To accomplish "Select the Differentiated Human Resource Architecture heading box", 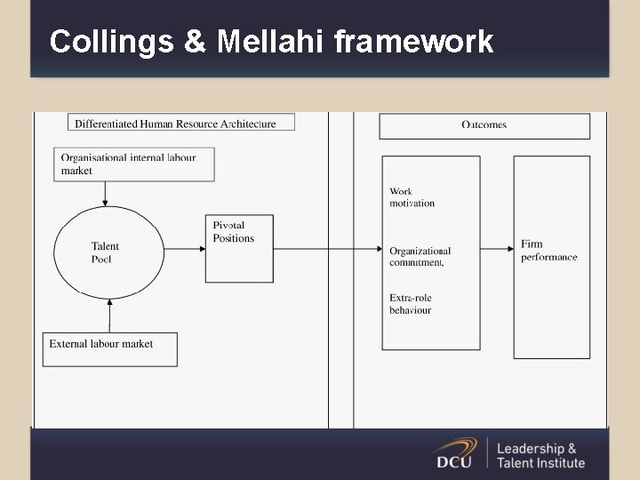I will [x=181, y=123].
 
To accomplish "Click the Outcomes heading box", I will [x=484, y=125].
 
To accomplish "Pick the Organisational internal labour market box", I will [x=134, y=164].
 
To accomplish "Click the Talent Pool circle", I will [x=109, y=252].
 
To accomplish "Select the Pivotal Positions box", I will [x=239, y=249].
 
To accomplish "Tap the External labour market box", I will [x=110, y=348].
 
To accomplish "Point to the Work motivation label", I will [x=412, y=197].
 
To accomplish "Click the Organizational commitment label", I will [x=420, y=257].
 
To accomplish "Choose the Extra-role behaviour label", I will [x=410, y=304].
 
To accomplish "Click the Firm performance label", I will [x=549, y=251].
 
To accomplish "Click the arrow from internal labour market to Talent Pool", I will [x=106, y=194].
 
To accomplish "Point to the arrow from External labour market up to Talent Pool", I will [x=109, y=315].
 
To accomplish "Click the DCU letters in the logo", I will [x=454, y=461].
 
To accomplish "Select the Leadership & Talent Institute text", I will [x=540, y=455].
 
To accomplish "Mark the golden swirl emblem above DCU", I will [x=455, y=444].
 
